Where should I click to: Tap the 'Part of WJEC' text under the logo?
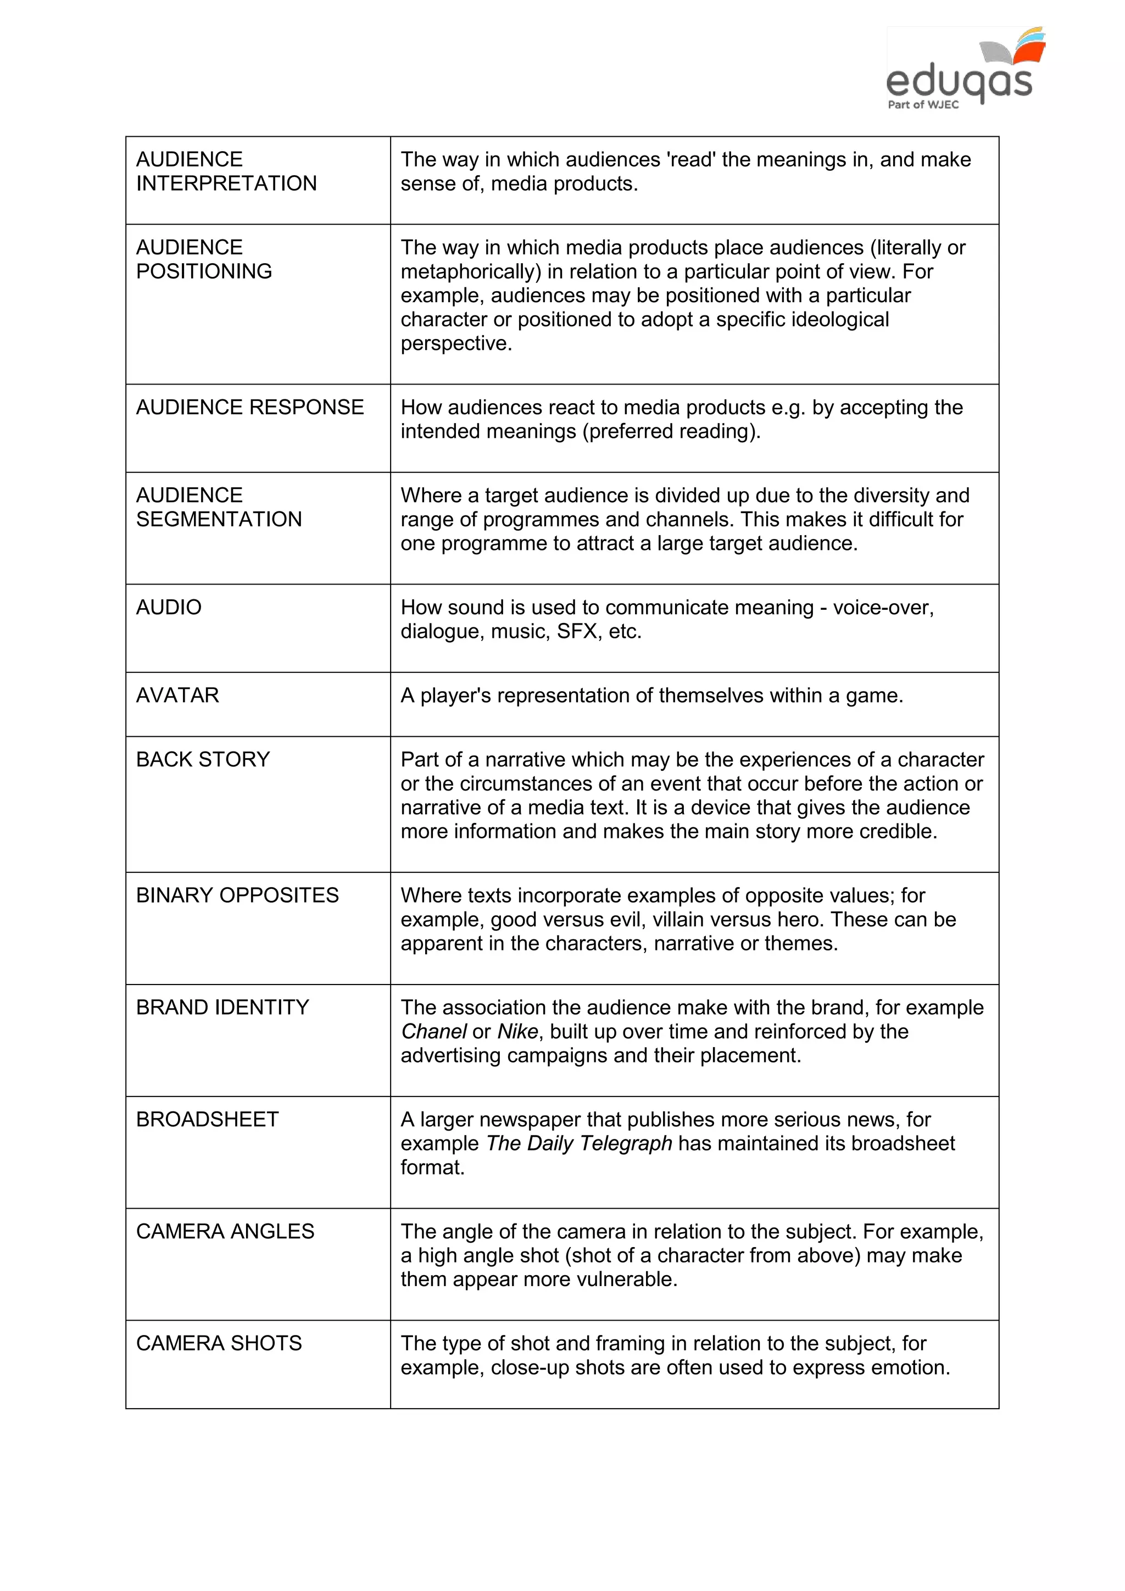pos(923,104)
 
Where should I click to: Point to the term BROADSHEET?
pos(207,1119)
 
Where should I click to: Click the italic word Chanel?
pos(433,1031)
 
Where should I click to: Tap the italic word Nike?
pos(517,1031)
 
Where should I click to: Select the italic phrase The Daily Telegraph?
pos(579,1143)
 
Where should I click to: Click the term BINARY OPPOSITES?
pos(237,895)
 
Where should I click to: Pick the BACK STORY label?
pos(202,759)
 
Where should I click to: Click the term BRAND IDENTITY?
pos(222,1007)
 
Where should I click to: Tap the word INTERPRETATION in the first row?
pos(226,183)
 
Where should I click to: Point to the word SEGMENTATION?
pos(219,519)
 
